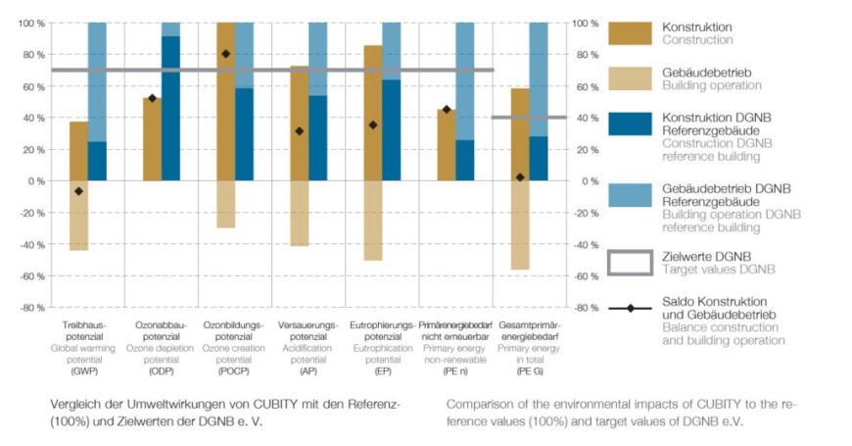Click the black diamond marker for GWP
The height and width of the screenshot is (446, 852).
pos(79,191)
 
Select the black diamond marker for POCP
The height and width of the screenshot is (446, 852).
pos(226,54)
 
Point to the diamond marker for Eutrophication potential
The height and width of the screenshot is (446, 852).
pos(373,125)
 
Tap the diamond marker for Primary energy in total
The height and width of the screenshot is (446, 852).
pos(520,177)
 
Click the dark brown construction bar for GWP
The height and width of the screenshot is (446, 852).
pos(78,151)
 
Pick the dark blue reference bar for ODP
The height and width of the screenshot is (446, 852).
pos(170,108)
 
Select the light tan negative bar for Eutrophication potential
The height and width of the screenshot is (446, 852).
pos(373,221)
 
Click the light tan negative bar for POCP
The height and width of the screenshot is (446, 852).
pos(226,204)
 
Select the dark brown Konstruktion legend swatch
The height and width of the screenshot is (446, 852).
pos(630,32)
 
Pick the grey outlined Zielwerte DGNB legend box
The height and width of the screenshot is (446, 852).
pos(630,263)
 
